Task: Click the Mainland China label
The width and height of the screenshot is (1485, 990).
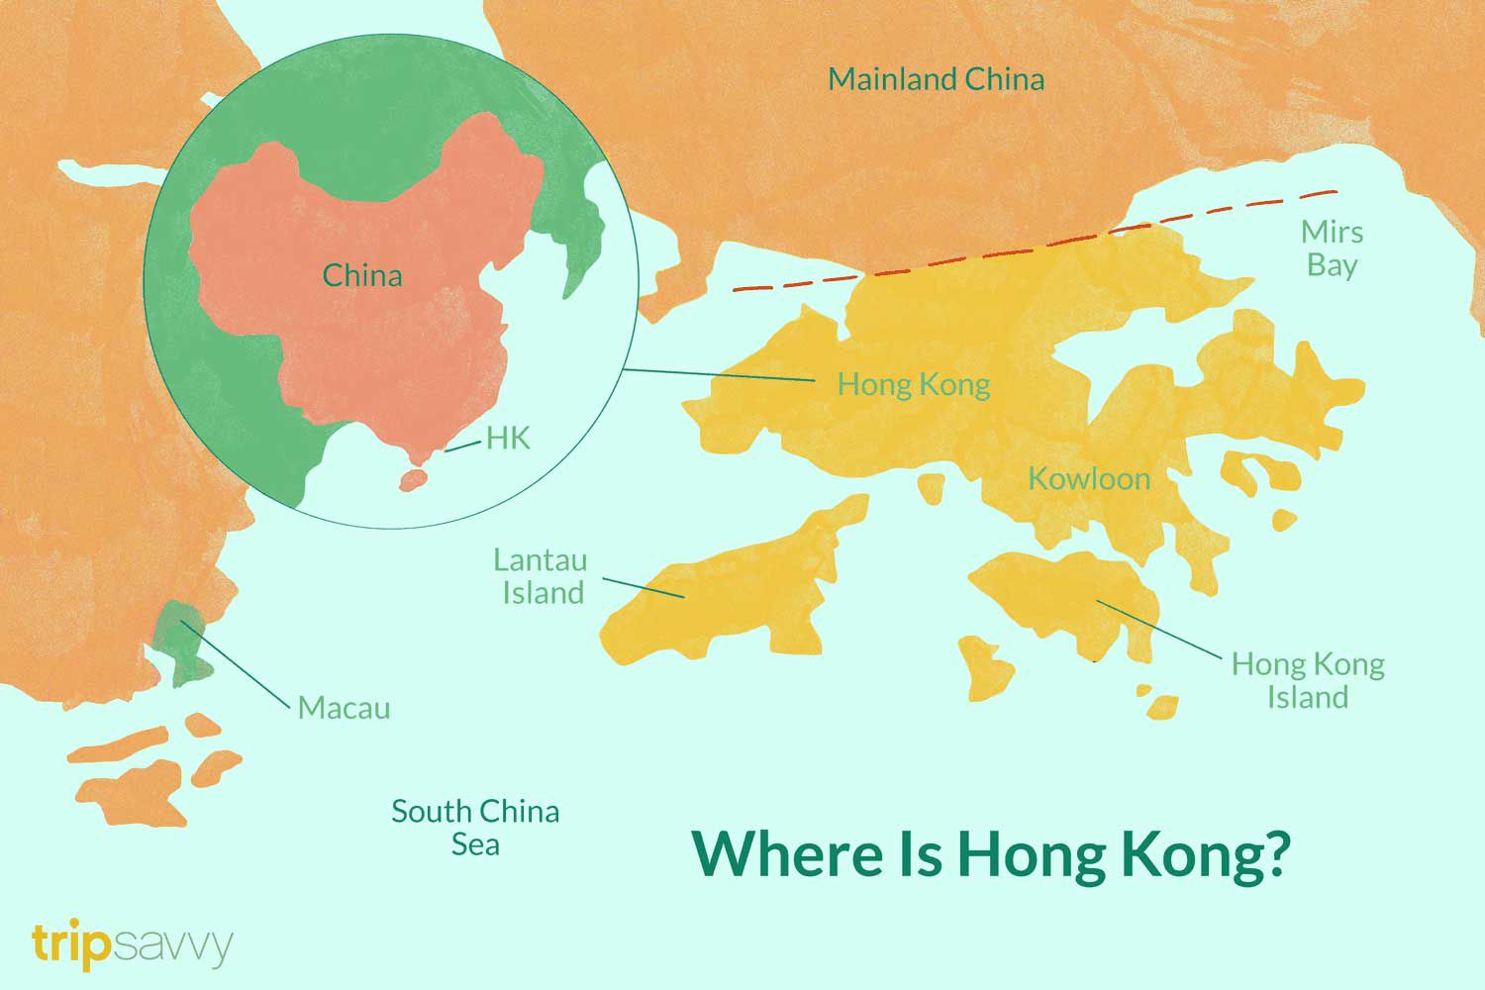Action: pos(936,79)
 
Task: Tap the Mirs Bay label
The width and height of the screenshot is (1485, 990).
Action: pos(1332,248)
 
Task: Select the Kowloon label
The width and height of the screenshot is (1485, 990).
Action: pos(1089,479)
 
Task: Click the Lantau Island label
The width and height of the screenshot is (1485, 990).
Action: pos(541,576)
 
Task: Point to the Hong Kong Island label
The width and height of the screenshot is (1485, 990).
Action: pos(1307,680)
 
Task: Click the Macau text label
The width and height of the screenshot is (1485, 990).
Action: pos(344,708)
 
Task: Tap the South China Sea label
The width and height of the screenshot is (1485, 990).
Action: pos(475,828)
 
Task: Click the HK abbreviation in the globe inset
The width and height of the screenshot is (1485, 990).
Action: pos(508,438)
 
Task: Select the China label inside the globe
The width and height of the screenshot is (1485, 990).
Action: pos(362,275)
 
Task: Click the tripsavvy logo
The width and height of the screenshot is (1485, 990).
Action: pos(132,945)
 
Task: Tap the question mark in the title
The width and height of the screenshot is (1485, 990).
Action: pos(1275,853)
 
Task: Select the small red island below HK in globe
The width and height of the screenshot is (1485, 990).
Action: pos(412,481)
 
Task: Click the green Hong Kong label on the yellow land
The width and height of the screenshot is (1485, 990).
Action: pos(913,384)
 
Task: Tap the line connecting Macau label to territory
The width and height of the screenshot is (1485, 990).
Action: pos(238,663)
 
